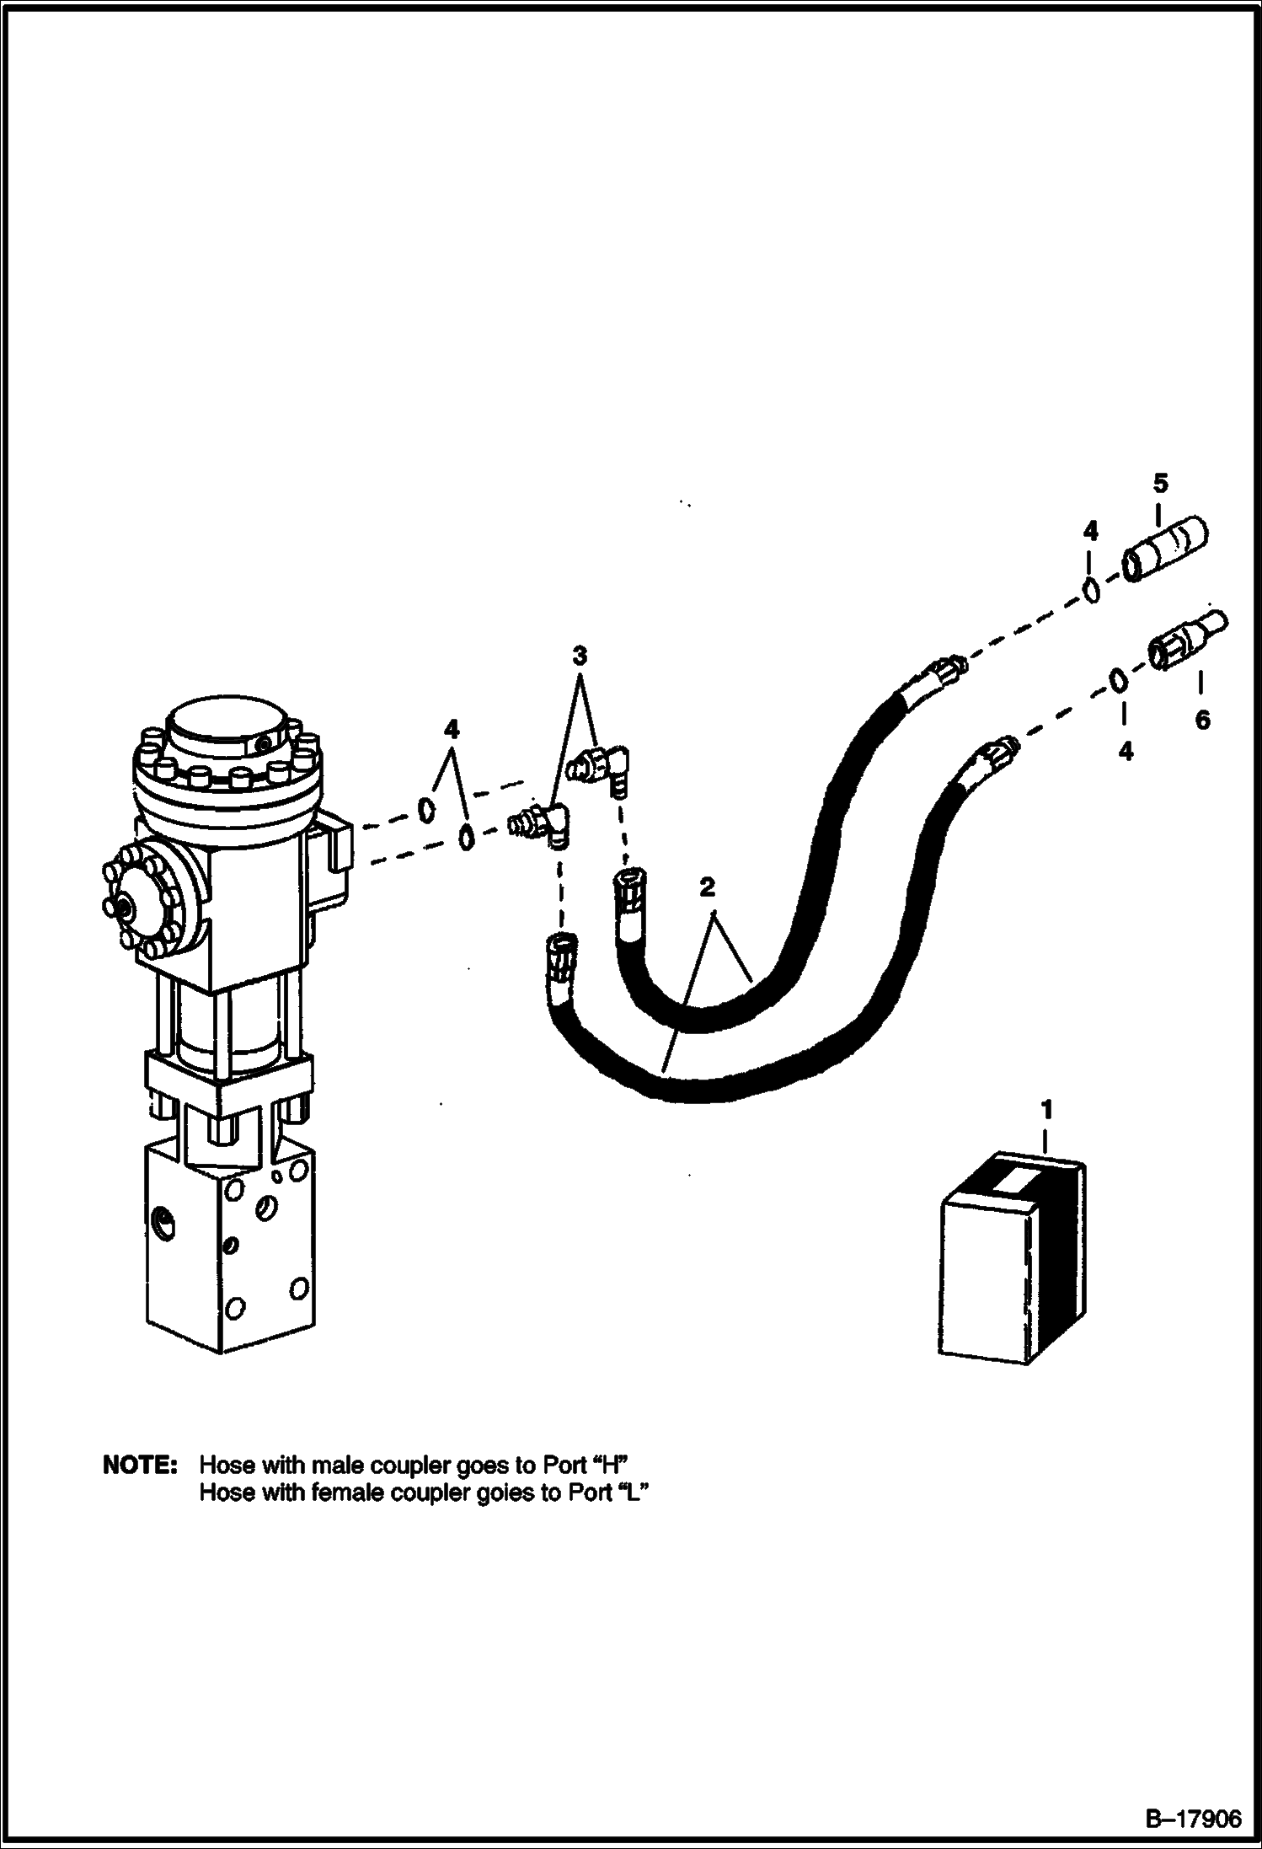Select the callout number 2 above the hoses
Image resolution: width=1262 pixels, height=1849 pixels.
707,887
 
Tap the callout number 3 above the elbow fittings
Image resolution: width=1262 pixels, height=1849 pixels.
579,656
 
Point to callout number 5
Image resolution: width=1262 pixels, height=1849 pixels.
1161,484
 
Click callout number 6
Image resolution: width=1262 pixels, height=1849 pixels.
1202,720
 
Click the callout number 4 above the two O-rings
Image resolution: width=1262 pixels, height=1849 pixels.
452,729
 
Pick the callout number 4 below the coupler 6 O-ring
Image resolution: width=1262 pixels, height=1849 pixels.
1126,751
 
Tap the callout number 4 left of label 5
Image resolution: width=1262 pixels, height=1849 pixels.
1090,531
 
